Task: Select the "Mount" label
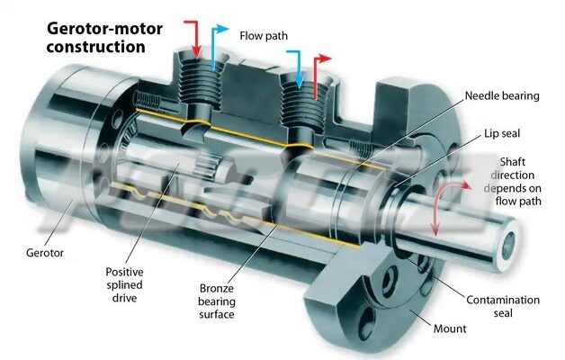coord(450,329)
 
